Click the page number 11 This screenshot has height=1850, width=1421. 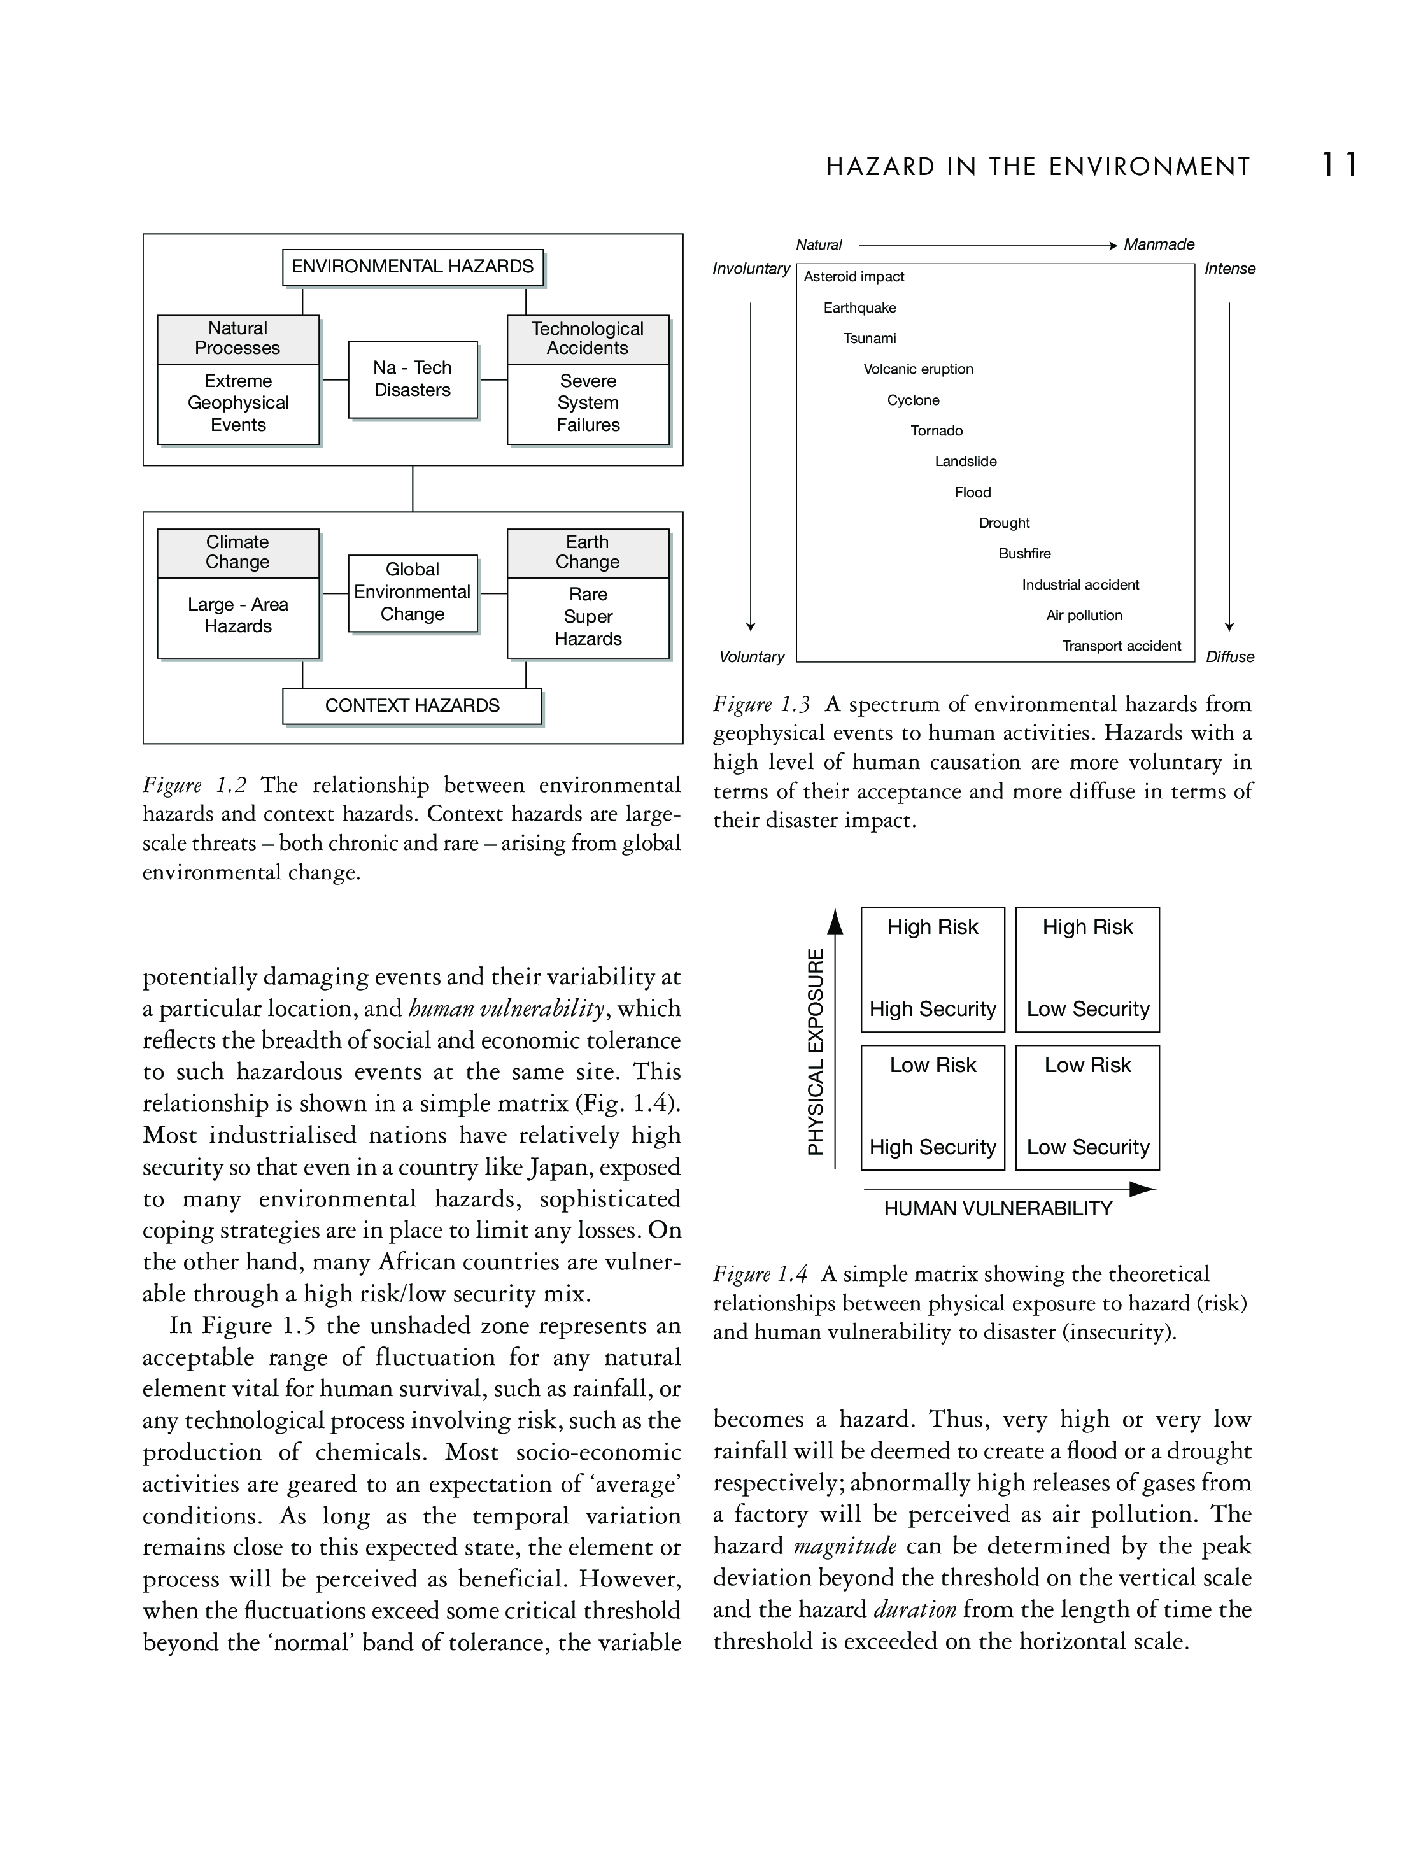(1340, 164)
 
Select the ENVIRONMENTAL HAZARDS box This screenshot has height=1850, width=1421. (412, 267)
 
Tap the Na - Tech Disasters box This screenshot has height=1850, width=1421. (412, 379)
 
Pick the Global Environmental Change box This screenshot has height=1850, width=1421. (412, 592)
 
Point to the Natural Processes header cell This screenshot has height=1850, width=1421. (237, 339)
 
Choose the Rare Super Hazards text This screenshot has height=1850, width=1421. (588, 617)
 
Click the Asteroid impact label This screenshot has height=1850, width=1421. (854, 277)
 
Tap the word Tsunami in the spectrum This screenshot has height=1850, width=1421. (870, 339)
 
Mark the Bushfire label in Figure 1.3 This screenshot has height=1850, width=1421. (1024, 554)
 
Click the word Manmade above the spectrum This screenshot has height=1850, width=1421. (1159, 244)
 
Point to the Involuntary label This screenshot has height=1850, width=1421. (750, 269)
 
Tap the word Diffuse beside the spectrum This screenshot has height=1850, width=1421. (1230, 657)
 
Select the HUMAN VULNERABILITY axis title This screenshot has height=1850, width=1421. (998, 1209)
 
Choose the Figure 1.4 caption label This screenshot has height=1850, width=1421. (760, 1274)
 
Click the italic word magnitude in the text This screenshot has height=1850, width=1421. (845, 1546)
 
